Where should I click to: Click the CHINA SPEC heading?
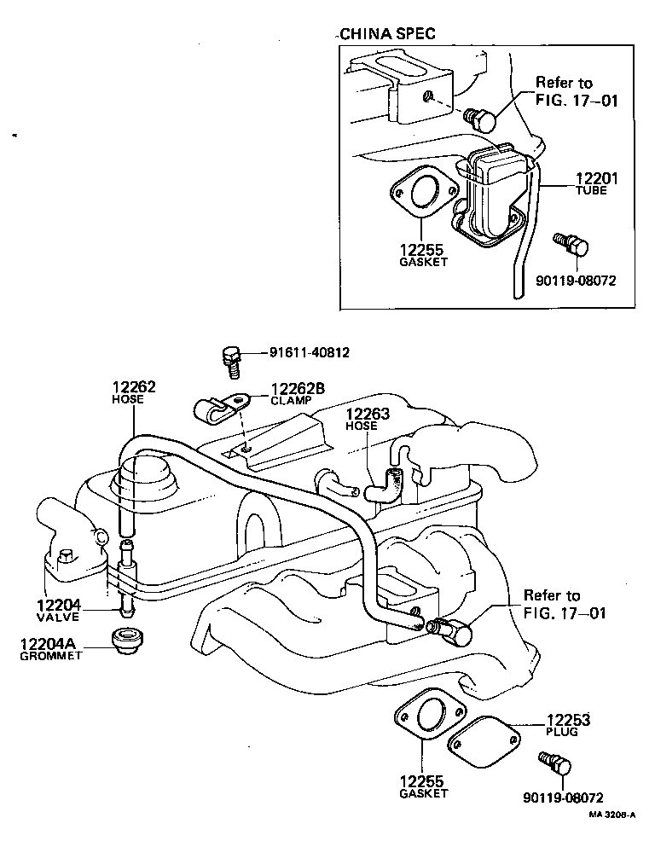387,34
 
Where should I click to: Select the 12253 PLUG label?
568,725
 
